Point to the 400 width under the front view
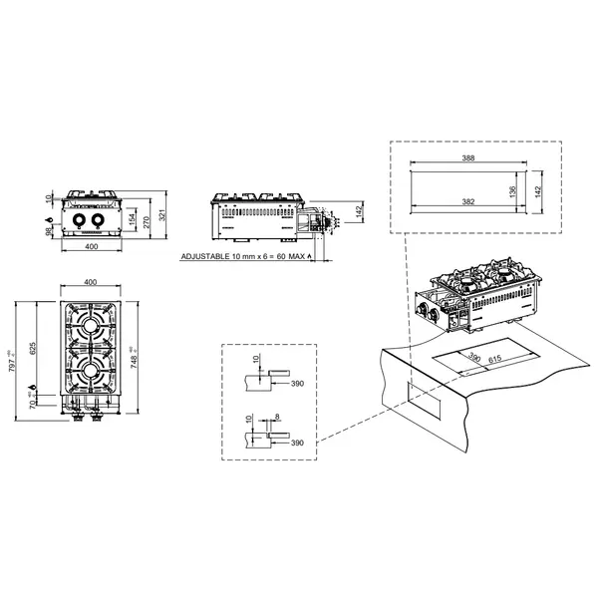tap(90, 246)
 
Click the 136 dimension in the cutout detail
tap(511, 189)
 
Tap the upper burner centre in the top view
tap(90, 328)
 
